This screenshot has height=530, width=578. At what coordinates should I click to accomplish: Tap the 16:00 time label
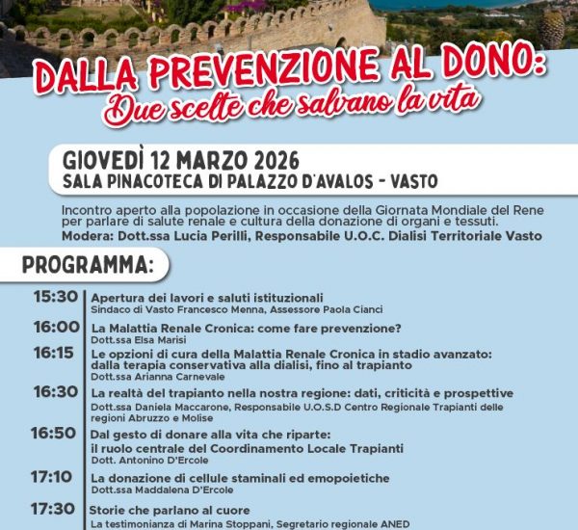pyautogui.click(x=56, y=327)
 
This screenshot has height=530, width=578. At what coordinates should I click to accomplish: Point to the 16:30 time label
pyautogui.click(x=55, y=392)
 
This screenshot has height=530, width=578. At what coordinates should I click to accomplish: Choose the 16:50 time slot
pyautogui.click(x=53, y=434)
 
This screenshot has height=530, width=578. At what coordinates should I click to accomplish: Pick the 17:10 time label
pyautogui.click(x=51, y=477)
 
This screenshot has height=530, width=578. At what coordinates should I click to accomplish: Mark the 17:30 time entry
pyautogui.click(x=52, y=509)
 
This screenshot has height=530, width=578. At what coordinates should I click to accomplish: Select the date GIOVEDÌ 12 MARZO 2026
pyautogui.click(x=180, y=159)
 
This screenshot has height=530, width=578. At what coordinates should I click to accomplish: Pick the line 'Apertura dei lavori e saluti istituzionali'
pyautogui.click(x=207, y=297)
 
